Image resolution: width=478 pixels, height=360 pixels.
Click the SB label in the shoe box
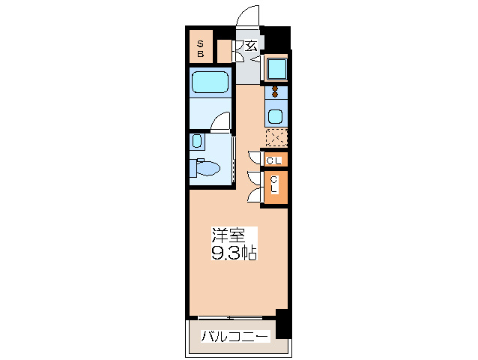pos(200,49)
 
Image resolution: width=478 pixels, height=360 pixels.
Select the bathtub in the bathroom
pos(209,82)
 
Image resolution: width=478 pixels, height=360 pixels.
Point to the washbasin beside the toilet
pos(196,141)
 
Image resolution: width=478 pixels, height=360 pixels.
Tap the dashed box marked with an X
pos(276,138)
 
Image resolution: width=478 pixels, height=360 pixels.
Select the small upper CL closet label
pos(275,159)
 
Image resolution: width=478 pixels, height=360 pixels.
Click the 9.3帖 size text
pos(234,253)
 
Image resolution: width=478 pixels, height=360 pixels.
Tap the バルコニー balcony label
pos(235,337)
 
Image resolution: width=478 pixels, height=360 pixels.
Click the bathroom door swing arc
pos(220,122)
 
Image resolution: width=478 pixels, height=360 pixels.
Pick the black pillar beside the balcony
pos(282,322)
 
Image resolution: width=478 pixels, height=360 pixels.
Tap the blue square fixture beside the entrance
pos(276,69)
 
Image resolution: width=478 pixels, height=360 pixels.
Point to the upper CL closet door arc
pos(253,158)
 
